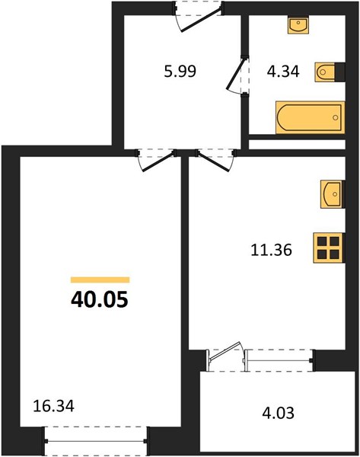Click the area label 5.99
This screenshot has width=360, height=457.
click(180, 72)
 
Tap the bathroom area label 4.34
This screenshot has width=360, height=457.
click(283, 72)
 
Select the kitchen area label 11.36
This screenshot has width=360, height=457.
click(271, 250)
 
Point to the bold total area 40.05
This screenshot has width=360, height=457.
click(100, 299)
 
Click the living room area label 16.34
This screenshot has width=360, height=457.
click(53, 406)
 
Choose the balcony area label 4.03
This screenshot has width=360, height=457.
click(278, 413)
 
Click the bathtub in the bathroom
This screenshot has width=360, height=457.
click(311, 117)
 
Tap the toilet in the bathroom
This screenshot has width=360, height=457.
click(325, 72)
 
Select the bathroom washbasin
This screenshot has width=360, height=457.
click(298, 25)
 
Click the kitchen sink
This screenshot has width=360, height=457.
click(333, 194)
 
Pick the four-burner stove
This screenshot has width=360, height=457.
click(329, 248)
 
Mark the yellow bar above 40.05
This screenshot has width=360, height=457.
click(100, 280)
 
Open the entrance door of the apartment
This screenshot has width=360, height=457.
click(199, 16)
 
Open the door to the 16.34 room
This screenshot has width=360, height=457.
click(157, 160)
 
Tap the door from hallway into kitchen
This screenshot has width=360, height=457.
click(215, 160)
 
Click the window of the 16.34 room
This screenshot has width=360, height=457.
click(96, 441)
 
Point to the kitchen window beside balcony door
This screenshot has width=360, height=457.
click(279, 360)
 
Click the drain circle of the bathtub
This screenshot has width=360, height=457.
click(335, 117)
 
